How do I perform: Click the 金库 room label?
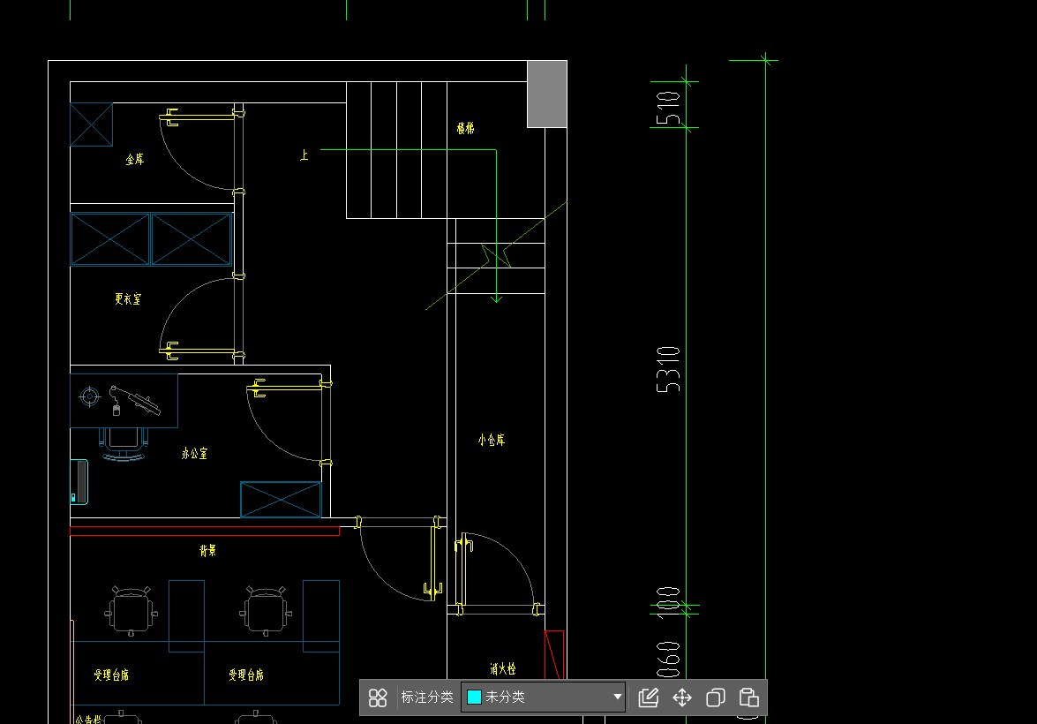pyautogui.click(x=134, y=160)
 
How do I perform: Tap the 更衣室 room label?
pyautogui.click(x=127, y=299)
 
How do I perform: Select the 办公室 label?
pyautogui.click(x=194, y=454)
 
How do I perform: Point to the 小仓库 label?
pyautogui.click(x=492, y=440)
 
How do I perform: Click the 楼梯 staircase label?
pyautogui.click(x=465, y=128)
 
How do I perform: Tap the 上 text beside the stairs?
pyautogui.click(x=304, y=155)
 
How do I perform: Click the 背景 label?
pyautogui.click(x=207, y=551)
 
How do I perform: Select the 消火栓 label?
pyautogui.click(x=502, y=669)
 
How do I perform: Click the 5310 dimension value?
pyautogui.click(x=670, y=369)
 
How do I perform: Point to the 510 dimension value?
pyautogui.click(x=670, y=107)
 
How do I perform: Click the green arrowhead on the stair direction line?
pyautogui.click(x=496, y=298)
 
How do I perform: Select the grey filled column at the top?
pyautogui.click(x=547, y=94)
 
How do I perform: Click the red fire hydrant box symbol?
pyautogui.click(x=555, y=653)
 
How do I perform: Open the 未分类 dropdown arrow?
pyautogui.click(x=617, y=698)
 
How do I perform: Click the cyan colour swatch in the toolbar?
pyautogui.click(x=474, y=698)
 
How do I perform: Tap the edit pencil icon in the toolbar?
pyautogui.click(x=649, y=698)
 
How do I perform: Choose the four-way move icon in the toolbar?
pyautogui.click(x=682, y=698)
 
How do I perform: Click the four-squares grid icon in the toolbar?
pyautogui.click(x=378, y=698)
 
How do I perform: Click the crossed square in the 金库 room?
pyautogui.click(x=92, y=124)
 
